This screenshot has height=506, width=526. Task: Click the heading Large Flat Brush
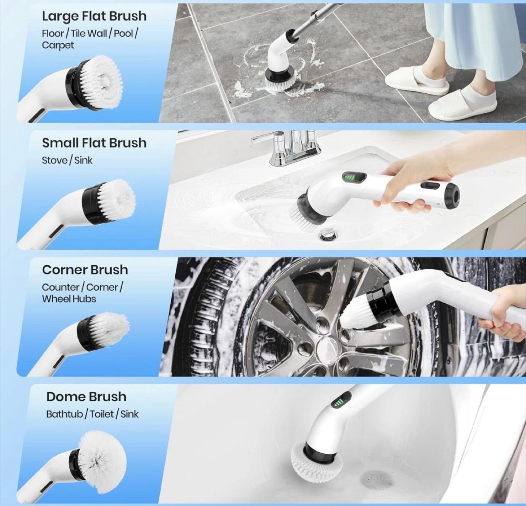(x=94, y=16)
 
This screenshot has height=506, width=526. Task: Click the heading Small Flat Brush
(x=94, y=143)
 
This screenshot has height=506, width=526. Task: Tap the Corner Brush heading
(x=85, y=270)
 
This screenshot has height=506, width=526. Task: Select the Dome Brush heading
(x=86, y=397)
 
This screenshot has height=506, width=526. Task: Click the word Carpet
(x=58, y=45)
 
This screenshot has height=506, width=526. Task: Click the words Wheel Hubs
(x=69, y=299)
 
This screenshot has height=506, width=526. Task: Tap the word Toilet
(x=102, y=414)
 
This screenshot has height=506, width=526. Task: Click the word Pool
(x=123, y=34)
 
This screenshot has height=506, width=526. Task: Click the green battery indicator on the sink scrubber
(x=349, y=178)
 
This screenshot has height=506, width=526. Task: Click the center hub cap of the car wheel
(x=328, y=348)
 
